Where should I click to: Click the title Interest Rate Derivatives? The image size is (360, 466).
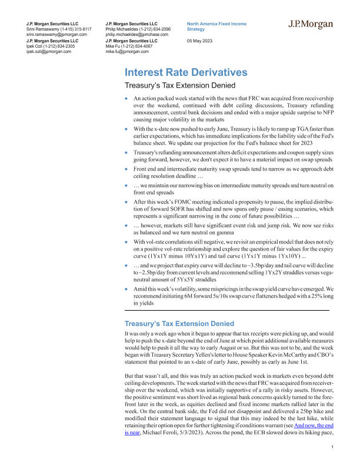[186, 73]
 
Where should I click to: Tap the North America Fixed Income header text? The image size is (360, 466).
[216, 23]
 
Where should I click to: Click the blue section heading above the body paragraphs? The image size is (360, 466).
[179, 324]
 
